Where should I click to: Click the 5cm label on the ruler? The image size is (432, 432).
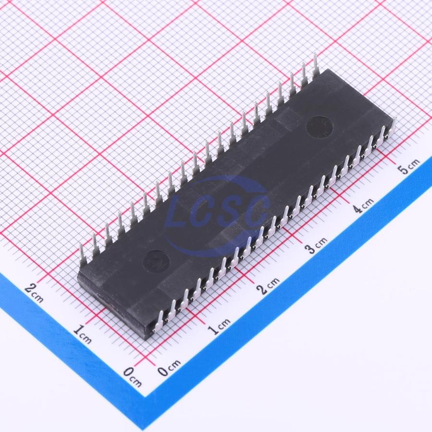[x=410, y=166]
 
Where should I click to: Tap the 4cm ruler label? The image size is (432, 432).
[x=364, y=205]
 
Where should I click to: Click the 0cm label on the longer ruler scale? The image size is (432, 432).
[x=169, y=367]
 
